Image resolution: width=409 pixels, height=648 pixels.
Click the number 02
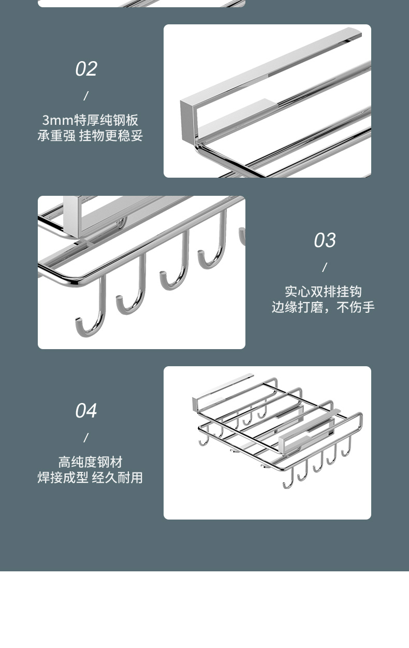[86, 69]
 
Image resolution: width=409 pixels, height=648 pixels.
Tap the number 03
[325, 240]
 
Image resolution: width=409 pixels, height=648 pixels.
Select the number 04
[86, 411]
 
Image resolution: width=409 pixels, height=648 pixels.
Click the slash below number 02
[86, 96]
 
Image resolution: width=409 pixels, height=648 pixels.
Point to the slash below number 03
[325, 267]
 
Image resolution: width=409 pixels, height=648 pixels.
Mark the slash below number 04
[86, 438]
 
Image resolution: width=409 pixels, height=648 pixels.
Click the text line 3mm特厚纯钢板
[90, 120]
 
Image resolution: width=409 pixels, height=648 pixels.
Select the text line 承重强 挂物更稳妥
[90, 136]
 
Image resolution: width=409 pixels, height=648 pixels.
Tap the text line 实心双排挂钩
[323, 292]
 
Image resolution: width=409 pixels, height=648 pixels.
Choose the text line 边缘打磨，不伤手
[323, 307]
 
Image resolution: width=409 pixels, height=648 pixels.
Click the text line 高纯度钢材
[90, 462]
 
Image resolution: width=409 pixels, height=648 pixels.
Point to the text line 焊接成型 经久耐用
[90, 478]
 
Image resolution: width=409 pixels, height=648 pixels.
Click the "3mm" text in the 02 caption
[57, 121]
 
